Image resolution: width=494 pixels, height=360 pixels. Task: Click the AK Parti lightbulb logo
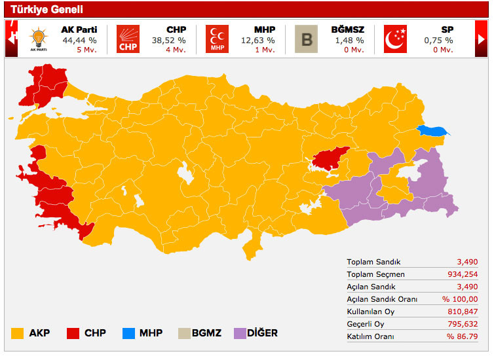point(39,38)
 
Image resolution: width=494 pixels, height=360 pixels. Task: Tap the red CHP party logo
point(128,39)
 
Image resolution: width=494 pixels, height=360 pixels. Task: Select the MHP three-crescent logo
point(217,39)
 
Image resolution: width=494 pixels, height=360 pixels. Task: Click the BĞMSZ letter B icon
point(306,39)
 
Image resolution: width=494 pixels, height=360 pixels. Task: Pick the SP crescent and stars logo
point(395,39)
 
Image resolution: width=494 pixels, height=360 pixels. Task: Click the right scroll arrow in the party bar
point(482,39)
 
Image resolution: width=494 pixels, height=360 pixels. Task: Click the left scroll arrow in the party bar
point(11,39)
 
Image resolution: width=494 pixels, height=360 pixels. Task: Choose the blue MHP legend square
point(130,333)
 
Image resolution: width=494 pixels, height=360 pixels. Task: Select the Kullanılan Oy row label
point(371,312)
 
